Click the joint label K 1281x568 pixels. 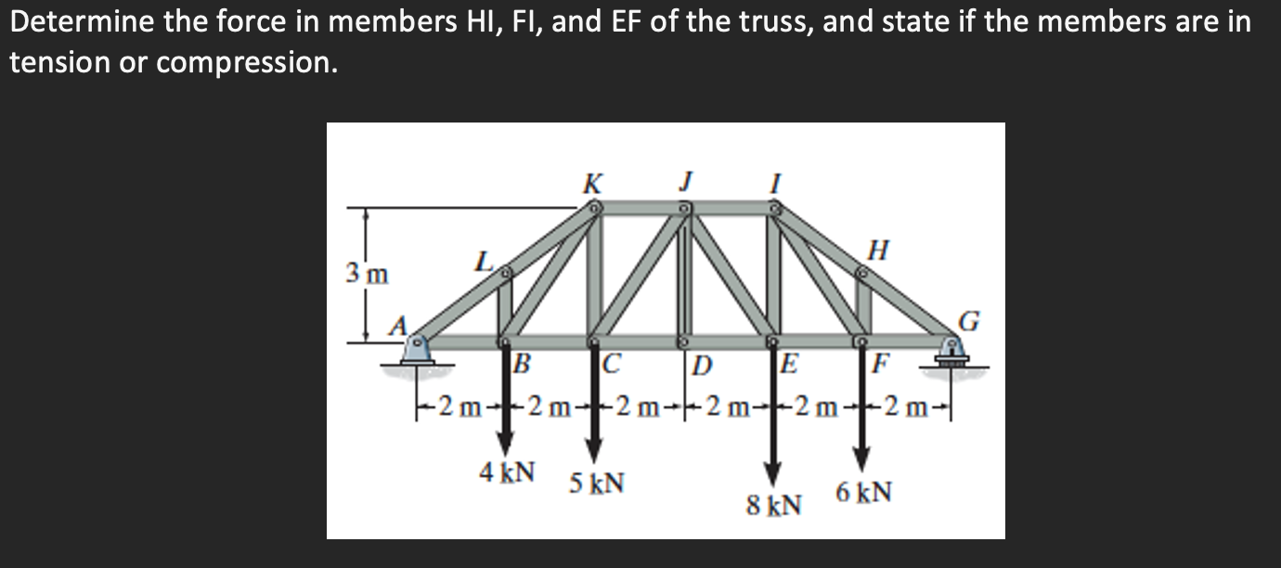pyautogui.click(x=589, y=184)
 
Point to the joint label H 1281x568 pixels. pyautogui.click(x=877, y=249)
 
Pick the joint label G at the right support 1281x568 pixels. pyautogui.click(x=969, y=321)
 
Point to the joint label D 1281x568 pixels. pyautogui.click(x=703, y=363)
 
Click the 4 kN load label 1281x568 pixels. pyautogui.click(x=507, y=471)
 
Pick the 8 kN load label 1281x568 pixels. pyautogui.click(x=774, y=506)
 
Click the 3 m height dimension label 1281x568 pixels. pyautogui.click(x=364, y=274)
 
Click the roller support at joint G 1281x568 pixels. pyautogui.click(x=952, y=354)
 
